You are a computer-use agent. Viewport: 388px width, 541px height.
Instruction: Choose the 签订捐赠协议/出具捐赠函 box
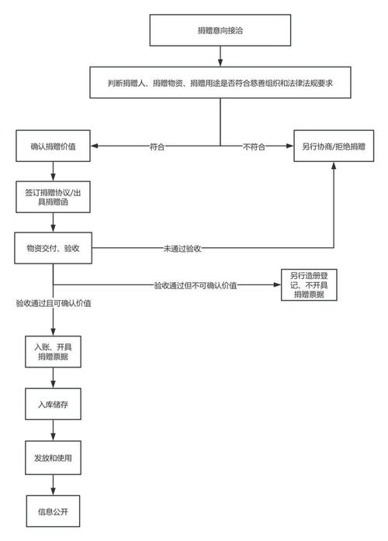52,196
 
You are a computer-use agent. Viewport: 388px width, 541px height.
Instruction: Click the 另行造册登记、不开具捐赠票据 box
308,285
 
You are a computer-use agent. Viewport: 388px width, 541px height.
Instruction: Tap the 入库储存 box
52,404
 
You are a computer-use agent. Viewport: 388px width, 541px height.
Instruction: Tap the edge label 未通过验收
182,249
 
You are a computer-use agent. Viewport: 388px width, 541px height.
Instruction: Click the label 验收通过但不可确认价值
195,286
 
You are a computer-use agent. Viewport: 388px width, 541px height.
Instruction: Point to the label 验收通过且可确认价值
53,303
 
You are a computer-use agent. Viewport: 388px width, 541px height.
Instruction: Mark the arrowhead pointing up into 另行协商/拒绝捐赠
334,165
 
